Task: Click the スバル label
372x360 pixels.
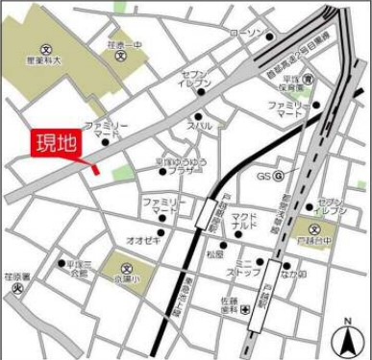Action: (199, 125)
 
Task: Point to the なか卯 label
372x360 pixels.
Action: (294, 275)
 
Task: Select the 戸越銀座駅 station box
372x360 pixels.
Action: (204, 213)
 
